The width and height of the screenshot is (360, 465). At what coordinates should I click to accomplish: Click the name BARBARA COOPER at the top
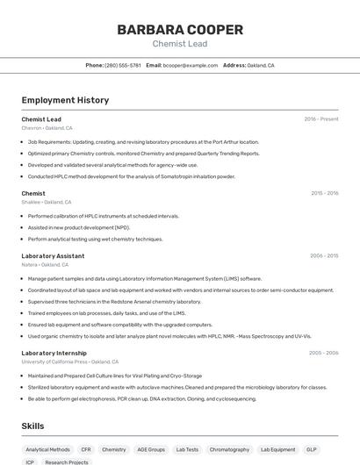click(x=180, y=30)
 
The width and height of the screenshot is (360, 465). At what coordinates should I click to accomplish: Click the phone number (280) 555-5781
click(x=123, y=65)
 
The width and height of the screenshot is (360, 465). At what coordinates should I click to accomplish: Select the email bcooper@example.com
click(x=190, y=65)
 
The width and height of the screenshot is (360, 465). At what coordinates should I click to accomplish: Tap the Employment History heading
click(x=65, y=100)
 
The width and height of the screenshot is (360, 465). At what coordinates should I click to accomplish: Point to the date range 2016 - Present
click(x=320, y=119)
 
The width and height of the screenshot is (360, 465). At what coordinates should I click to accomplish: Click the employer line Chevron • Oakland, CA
click(x=47, y=128)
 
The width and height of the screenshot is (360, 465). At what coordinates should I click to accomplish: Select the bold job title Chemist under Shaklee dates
click(x=33, y=193)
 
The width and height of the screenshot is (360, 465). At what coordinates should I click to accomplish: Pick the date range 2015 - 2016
click(x=324, y=193)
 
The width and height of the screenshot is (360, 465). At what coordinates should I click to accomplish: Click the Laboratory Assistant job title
click(x=53, y=256)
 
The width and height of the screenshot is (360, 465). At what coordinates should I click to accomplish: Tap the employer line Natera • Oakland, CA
click(x=45, y=264)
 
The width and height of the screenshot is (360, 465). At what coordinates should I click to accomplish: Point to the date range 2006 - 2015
click(x=324, y=256)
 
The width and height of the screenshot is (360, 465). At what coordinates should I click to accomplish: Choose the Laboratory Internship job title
click(x=54, y=353)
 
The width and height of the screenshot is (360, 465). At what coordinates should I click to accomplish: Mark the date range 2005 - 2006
click(x=323, y=353)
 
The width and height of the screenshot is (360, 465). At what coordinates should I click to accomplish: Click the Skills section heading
click(x=33, y=426)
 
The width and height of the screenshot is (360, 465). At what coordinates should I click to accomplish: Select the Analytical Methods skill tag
click(x=47, y=449)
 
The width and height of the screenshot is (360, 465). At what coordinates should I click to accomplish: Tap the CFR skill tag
click(x=86, y=449)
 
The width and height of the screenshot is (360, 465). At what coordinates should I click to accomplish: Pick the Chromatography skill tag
click(x=229, y=449)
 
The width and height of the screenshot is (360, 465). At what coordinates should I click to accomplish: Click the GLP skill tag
click(x=312, y=449)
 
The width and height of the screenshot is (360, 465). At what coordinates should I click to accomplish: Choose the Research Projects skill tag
click(x=67, y=461)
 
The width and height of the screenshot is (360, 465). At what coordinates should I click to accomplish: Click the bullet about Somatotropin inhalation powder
click(x=132, y=175)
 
